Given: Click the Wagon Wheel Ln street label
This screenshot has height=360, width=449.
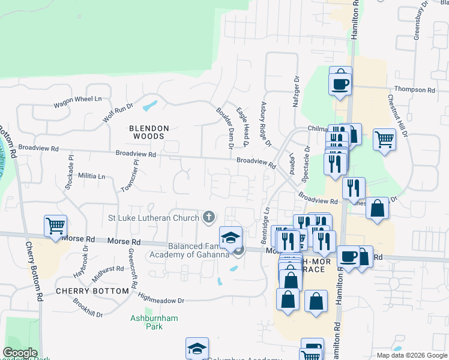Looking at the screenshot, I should click(77, 100).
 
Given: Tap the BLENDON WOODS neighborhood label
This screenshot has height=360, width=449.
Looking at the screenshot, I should click(149, 133).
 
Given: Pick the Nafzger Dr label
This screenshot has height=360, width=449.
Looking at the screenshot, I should click(296, 92).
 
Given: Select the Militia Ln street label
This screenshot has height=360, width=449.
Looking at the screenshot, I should click(91, 176).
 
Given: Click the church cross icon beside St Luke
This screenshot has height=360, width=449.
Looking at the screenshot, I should click(209, 217).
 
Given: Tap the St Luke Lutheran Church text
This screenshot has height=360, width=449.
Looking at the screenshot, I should click(153, 217).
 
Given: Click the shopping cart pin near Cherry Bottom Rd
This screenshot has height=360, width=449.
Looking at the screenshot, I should click(55, 227).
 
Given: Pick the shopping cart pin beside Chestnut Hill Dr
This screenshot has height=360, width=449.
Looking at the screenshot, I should click(384, 140).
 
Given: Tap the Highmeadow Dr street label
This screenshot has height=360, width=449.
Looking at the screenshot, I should click(160, 298).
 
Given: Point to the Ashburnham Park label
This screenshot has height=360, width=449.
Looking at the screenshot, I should click(154, 322).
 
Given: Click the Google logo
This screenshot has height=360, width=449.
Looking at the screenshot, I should click(20, 352).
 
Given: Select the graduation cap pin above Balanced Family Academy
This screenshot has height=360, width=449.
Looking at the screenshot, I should click(231, 237).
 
